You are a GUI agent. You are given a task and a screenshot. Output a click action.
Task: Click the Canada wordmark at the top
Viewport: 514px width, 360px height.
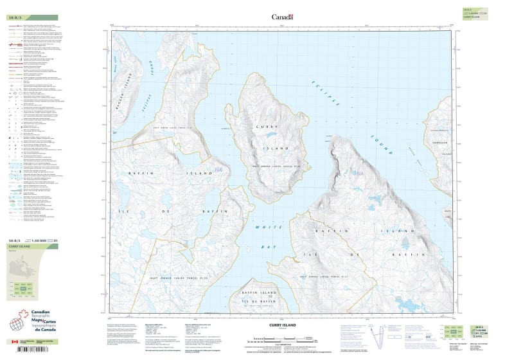282,17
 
